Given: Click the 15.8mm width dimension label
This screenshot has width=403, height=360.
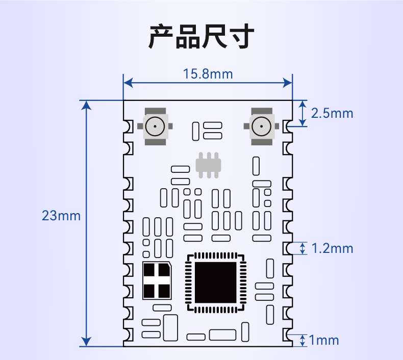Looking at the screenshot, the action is (x=208, y=74).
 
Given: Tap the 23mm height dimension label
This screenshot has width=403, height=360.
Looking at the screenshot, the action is (x=61, y=216).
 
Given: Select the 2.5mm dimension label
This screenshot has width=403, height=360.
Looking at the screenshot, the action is (x=332, y=113).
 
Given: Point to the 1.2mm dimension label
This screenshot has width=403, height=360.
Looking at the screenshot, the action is (x=332, y=248).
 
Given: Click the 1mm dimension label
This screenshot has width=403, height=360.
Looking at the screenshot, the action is (x=324, y=340).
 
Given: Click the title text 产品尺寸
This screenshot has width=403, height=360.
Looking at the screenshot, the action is (x=202, y=36).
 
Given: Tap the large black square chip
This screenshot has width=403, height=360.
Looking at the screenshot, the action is (x=216, y=282).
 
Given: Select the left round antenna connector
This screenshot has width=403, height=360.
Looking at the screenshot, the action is (x=155, y=126).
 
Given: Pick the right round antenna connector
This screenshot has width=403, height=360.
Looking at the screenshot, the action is (x=261, y=126).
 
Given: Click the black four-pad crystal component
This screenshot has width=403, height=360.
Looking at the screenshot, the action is (x=157, y=280).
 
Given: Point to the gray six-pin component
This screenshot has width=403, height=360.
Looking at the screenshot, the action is (x=209, y=165).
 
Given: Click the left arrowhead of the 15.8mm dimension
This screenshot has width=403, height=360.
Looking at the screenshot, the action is (x=128, y=83).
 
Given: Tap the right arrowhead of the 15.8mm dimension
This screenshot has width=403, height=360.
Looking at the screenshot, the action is (x=288, y=83).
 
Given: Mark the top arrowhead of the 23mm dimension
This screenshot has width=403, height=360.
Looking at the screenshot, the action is (x=86, y=106).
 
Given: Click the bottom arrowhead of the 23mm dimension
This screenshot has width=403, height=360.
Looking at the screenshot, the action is (x=86, y=342).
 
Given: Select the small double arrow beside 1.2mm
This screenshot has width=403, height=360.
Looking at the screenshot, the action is (x=303, y=248).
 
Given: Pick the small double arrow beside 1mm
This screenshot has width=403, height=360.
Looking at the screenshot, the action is (x=303, y=340).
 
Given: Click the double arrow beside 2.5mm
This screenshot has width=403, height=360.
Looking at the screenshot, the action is (x=303, y=113).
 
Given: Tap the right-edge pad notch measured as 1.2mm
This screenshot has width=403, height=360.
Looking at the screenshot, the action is (x=288, y=248).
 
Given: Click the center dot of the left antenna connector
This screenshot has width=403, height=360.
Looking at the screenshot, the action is (x=155, y=126).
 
